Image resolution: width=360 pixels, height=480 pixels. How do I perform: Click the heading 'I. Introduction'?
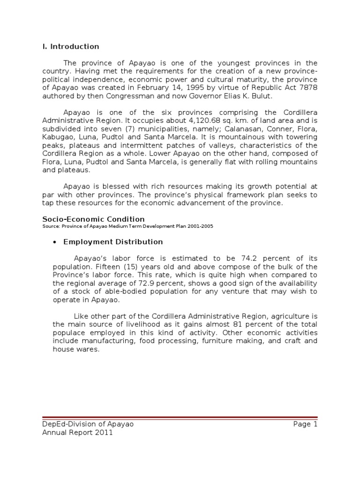tap(71, 46)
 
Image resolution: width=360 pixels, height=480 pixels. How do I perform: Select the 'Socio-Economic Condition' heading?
tap(93, 219)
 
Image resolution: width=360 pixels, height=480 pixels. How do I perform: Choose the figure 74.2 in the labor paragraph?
tap(256, 258)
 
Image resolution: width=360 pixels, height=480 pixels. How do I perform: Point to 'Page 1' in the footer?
tap(305, 424)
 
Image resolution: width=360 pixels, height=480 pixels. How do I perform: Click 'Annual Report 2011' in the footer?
tap(77, 433)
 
